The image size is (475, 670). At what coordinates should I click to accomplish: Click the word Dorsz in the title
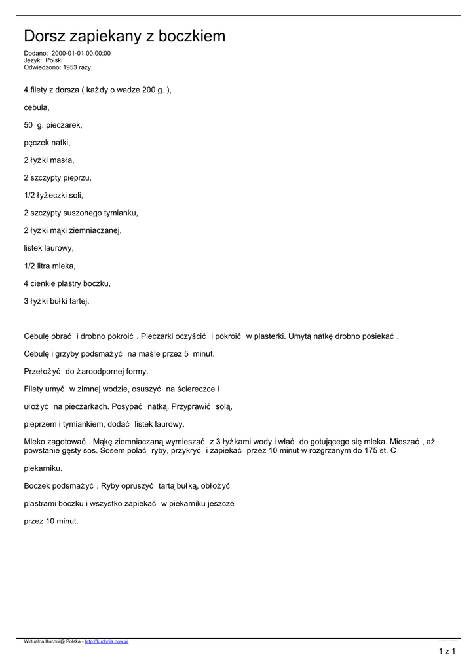[45, 37]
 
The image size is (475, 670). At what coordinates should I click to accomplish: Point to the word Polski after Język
[54, 60]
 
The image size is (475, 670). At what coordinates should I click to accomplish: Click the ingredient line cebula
[37, 107]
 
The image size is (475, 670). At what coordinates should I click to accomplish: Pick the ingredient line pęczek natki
[47, 142]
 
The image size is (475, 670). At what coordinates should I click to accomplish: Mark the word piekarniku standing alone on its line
[43, 468]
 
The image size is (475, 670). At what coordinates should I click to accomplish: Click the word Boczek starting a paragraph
[37, 486]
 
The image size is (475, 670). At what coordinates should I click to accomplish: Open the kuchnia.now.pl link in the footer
[107, 642]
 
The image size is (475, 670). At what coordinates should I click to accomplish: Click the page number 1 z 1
[447, 651]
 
